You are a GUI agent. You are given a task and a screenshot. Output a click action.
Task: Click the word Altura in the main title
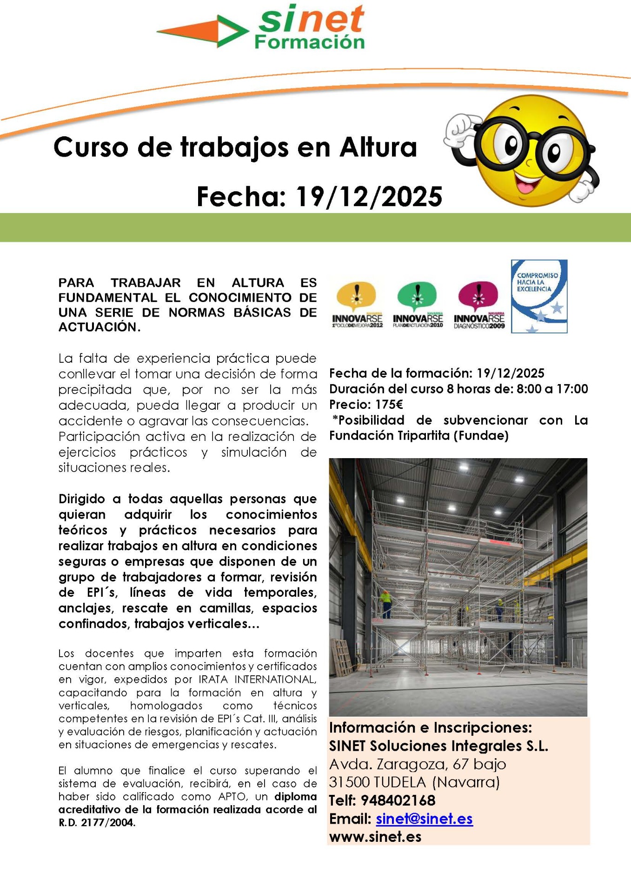click(x=378, y=147)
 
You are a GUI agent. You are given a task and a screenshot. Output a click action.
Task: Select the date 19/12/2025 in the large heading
click(x=369, y=197)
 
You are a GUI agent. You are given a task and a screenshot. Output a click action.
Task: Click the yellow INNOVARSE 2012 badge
click(x=357, y=305)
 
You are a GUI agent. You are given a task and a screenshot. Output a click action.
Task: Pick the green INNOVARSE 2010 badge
click(x=418, y=305)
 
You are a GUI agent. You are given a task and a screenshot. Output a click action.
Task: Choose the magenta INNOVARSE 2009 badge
click(x=478, y=305)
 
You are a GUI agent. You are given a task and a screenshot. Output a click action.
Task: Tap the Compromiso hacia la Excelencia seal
click(x=539, y=296)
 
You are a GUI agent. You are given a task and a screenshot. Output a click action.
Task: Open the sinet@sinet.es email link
click(x=424, y=819)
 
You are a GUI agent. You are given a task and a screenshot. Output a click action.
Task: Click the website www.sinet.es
click(x=375, y=837)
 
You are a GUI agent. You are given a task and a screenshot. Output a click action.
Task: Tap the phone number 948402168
click(x=398, y=800)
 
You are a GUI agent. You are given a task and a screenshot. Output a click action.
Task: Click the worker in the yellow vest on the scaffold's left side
click(x=385, y=603)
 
